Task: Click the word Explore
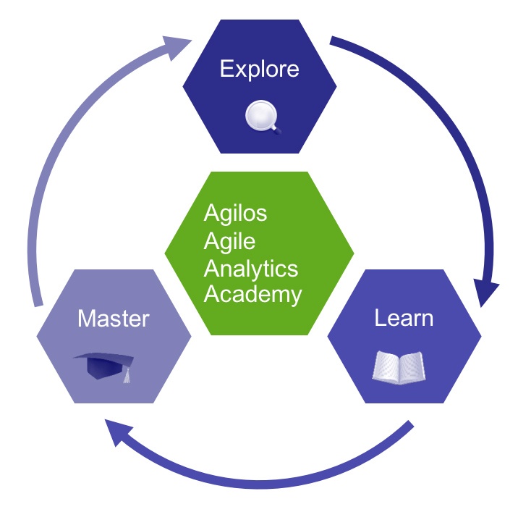tap(259, 70)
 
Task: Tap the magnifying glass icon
tap(260, 117)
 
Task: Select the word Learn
tap(404, 318)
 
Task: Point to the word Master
tap(114, 318)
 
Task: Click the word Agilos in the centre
tap(236, 214)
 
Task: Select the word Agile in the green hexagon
tap(230, 240)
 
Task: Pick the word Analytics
tap(251, 268)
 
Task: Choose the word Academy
tap(252, 295)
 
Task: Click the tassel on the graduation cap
tap(127, 376)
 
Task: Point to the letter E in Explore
tap(226, 70)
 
